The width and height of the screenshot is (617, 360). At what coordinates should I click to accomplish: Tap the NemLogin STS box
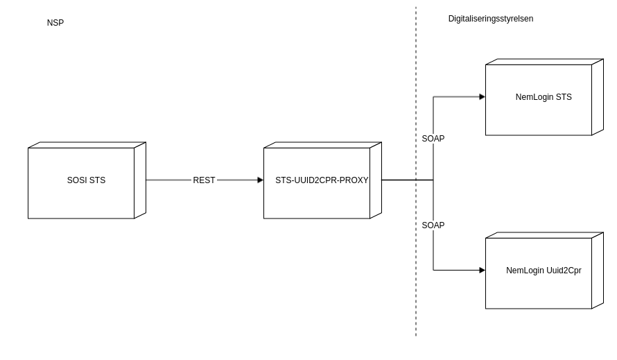(x=539, y=114)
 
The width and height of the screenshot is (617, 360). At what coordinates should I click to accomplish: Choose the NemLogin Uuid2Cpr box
(x=539, y=288)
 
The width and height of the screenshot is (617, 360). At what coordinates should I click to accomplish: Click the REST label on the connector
(x=204, y=180)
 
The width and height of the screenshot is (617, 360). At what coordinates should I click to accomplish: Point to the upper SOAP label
(x=433, y=139)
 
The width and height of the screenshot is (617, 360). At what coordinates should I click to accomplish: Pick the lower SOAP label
(x=433, y=225)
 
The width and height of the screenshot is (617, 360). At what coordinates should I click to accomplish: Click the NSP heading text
(x=55, y=23)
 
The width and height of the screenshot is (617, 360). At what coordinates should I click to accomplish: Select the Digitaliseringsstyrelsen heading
(x=491, y=19)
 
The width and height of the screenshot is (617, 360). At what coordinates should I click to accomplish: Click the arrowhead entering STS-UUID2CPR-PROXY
(x=260, y=180)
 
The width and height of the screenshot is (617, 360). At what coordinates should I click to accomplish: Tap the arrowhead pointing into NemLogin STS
(x=482, y=97)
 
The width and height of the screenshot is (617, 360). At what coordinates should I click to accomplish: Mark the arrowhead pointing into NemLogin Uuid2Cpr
(x=482, y=271)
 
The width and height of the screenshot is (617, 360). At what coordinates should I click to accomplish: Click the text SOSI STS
(x=86, y=180)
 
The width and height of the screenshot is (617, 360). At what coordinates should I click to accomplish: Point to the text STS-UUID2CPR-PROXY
(x=322, y=180)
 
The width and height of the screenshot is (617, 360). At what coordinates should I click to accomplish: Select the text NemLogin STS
(x=544, y=97)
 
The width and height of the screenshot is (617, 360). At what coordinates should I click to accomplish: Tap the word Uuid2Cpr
(x=564, y=271)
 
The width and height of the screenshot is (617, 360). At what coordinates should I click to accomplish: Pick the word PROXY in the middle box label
(x=354, y=180)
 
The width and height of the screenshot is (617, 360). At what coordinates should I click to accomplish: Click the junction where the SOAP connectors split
(x=433, y=180)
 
